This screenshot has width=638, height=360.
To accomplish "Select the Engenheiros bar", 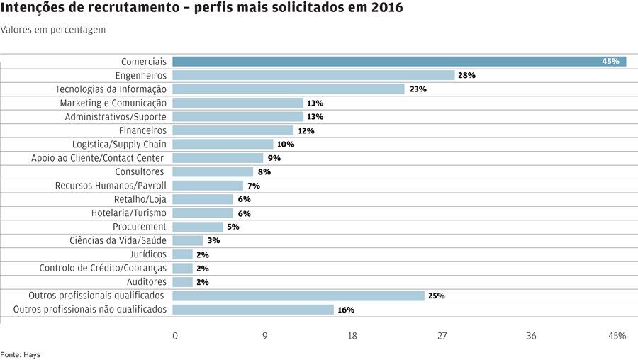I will (x=313, y=75).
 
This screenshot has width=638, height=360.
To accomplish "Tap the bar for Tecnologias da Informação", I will (x=289, y=89).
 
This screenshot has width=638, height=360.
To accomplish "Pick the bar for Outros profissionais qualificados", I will (x=298, y=296).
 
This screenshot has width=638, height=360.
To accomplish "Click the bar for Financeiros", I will (x=233, y=130).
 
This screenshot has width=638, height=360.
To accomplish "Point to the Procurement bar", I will (x=198, y=227).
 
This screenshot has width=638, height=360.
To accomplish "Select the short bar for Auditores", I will (x=182, y=282).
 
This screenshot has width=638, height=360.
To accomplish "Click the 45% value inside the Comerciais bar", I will (x=610, y=62).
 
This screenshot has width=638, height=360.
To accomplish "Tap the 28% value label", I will (x=466, y=75).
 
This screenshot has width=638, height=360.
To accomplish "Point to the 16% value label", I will (x=346, y=310).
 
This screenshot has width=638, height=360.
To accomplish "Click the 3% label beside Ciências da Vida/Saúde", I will (x=213, y=241).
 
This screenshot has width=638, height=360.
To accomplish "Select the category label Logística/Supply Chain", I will (x=119, y=144).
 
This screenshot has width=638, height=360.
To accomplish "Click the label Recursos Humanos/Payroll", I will (x=111, y=186).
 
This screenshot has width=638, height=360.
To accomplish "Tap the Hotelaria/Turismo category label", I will (x=129, y=213).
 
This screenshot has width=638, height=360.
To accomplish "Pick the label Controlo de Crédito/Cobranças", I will (x=103, y=268).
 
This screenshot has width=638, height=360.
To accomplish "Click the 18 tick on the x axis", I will (x=352, y=336).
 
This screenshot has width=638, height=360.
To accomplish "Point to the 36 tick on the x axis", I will (x=531, y=336).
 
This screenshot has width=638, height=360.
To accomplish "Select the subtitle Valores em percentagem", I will (x=53, y=30).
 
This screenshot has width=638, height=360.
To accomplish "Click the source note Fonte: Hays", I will (x=20, y=354).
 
